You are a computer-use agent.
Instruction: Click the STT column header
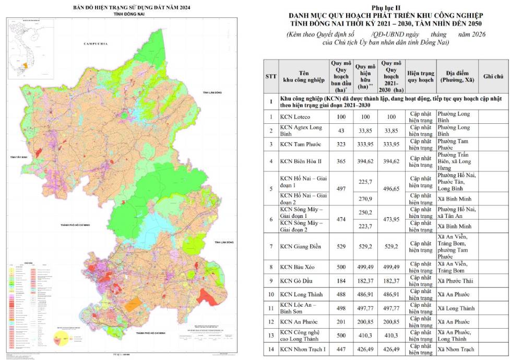[271, 76]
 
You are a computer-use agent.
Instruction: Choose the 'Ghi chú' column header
[493, 76]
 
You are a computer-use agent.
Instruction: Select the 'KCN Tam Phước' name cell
[301, 144]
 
